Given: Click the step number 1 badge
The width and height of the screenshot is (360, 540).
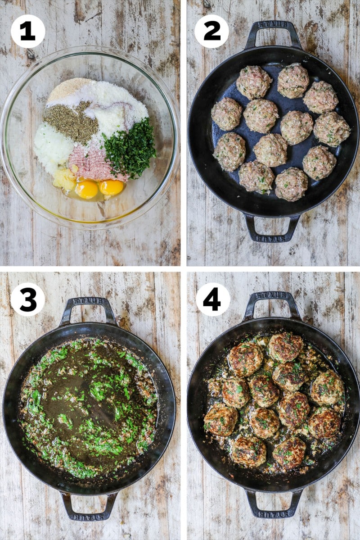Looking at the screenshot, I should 28,31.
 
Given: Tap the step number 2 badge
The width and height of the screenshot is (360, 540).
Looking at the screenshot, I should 211,31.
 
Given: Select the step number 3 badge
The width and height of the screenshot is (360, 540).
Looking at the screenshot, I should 28,299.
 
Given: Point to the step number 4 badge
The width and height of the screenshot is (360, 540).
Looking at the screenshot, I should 213,299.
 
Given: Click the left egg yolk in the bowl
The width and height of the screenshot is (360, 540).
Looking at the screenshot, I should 86,189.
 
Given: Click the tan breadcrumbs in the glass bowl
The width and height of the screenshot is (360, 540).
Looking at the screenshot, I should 68,89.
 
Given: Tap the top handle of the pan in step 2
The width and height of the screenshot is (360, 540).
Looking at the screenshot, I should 273,31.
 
